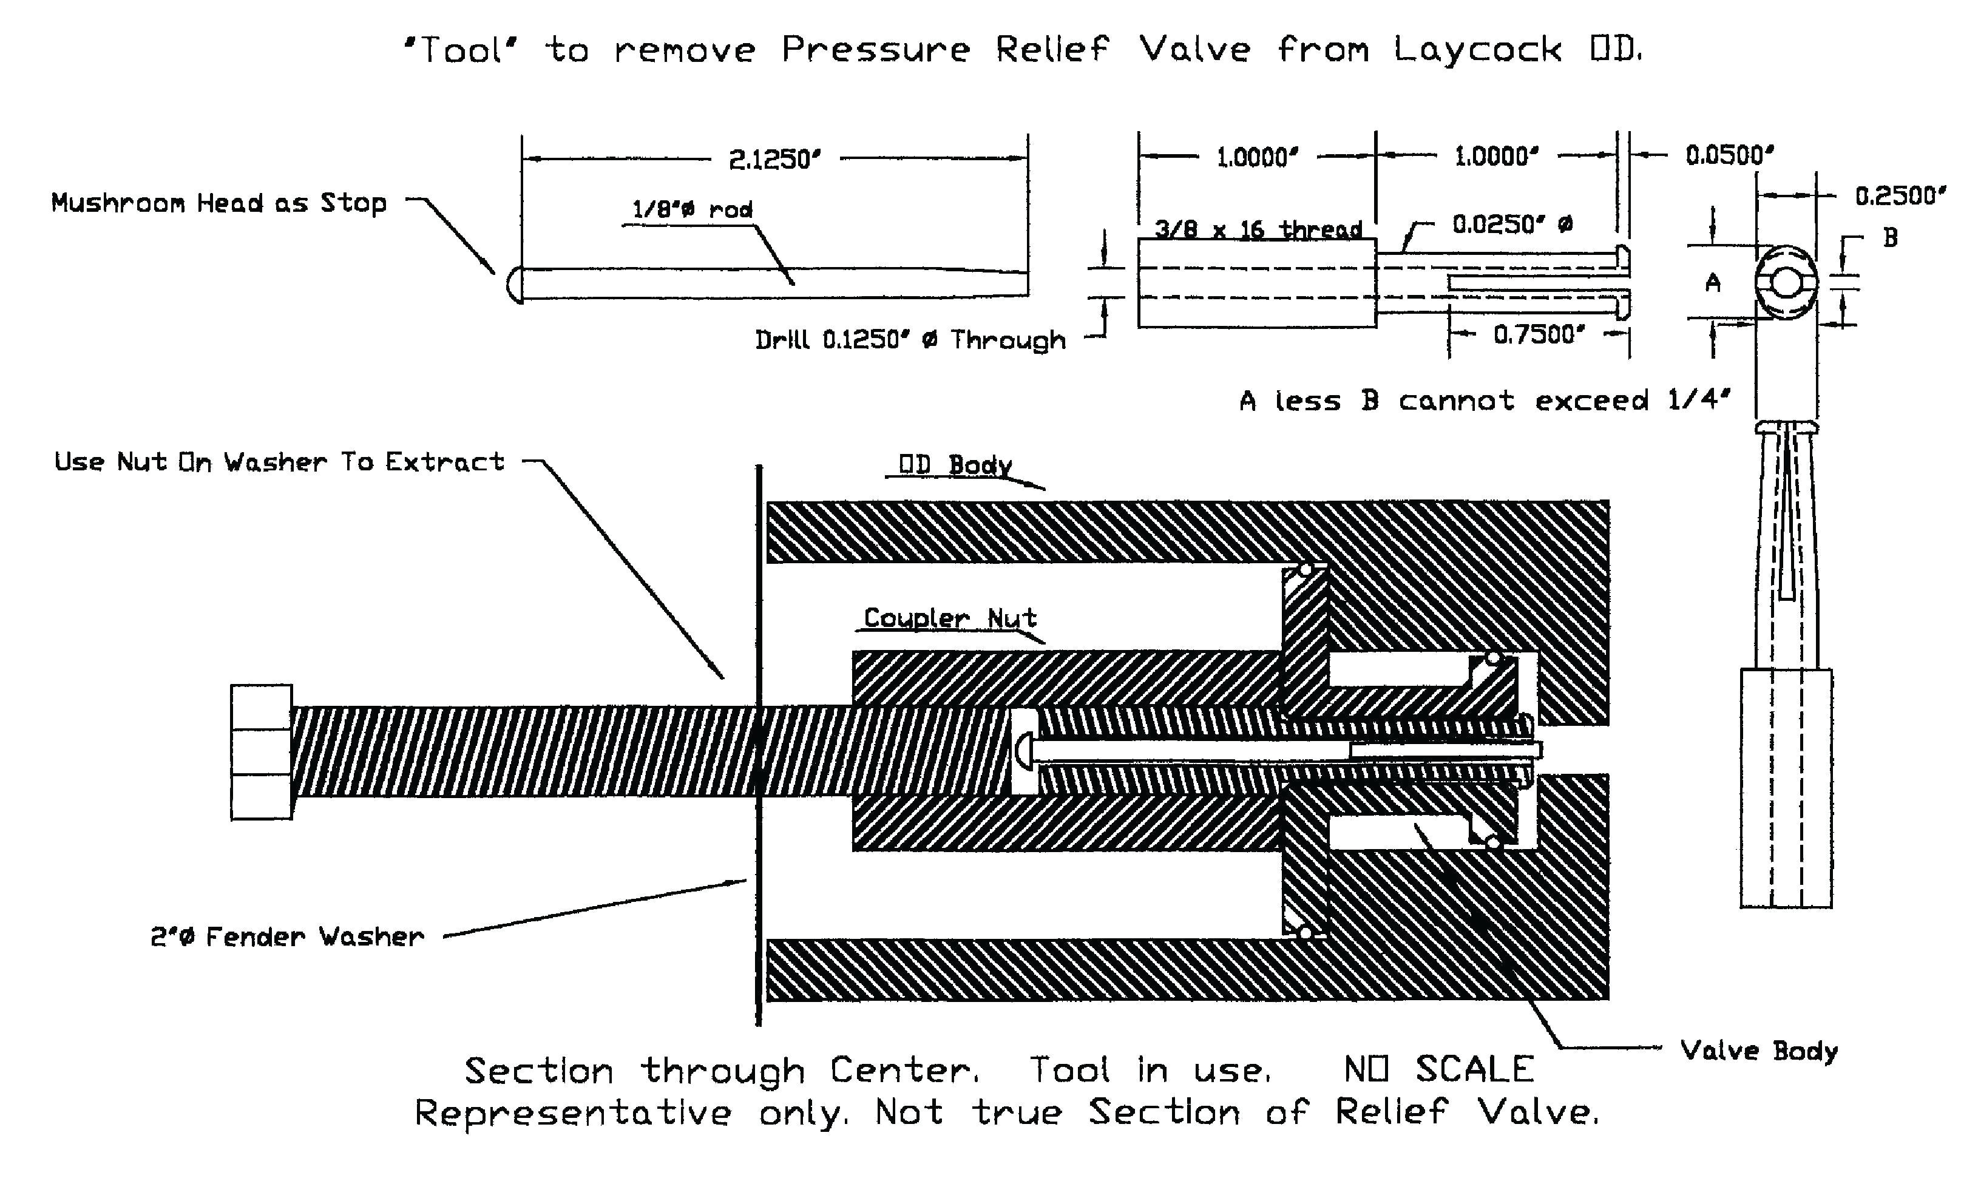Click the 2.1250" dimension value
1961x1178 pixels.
pyautogui.click(x=774, y=160)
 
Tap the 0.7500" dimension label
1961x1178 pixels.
pyautogui.click(x=1539, y=335)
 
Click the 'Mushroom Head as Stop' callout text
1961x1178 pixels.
pyautogui.click(x=219, y=203)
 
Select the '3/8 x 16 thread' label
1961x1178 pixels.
pyautogui.click(x=1257, y=230)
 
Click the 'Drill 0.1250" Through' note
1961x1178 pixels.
pyautogui.click(x=910, y=340)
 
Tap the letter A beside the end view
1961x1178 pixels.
pyautogui.click(x=1713, y=283)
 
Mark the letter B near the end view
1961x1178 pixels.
pyautogui.click(x=1891, y=237)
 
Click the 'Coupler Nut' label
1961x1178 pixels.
pyautogui.click(x=950, y=618)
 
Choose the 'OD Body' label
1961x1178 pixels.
pyautogui.click(x=955, y=465)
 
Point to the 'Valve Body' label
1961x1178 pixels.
pyautogui.click(x=1759, y=1051)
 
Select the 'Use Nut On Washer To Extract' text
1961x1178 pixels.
pyautogui.click(x=279, y=462)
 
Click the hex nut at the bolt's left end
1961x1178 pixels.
pyautogui.click(x=261, y=752)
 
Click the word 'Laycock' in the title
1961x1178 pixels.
pyautogui.click(x=1478, y=50)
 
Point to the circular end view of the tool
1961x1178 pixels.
pyautogui.click(x=1786, y=283)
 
